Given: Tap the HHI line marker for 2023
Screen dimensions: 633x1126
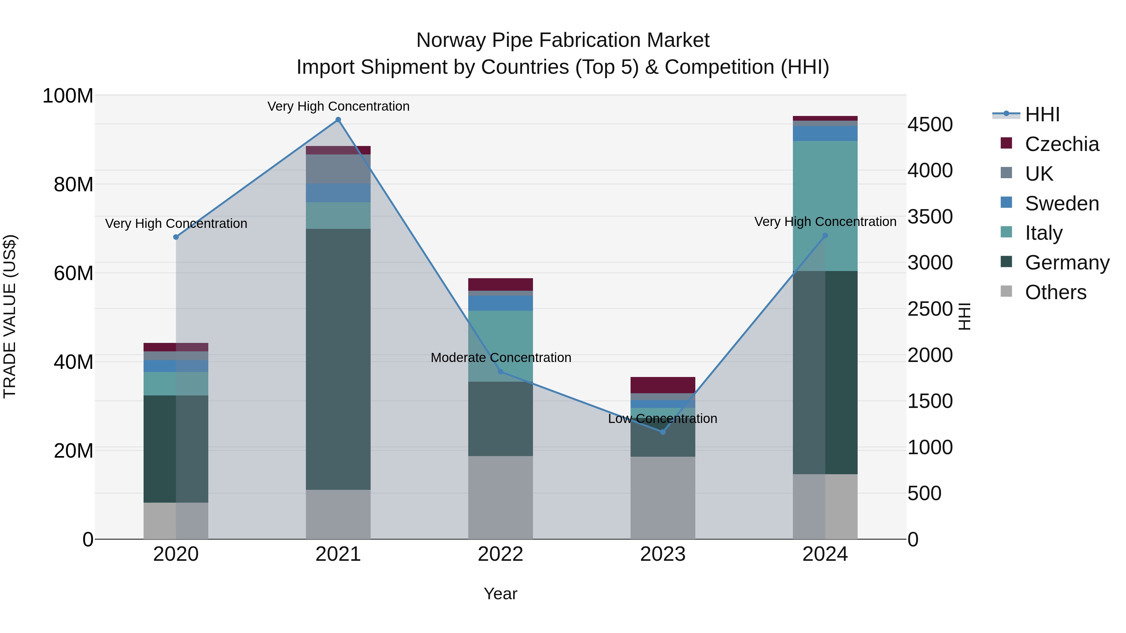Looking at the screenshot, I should [663, 432].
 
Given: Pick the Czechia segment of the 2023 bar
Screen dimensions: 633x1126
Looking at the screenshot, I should [663, 385].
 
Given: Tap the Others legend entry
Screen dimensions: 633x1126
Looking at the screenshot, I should [1055, 292].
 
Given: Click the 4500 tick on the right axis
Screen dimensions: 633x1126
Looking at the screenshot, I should [930, 124].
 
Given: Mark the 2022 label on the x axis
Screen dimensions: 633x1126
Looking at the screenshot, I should [500, 554].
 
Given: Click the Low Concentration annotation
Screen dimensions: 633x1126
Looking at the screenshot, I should [663, 419].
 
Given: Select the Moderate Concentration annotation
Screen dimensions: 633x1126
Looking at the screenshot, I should [501, 357].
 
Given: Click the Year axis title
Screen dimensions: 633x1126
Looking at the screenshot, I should [500, 594].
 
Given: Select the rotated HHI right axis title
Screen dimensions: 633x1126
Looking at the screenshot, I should [964, 316].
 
